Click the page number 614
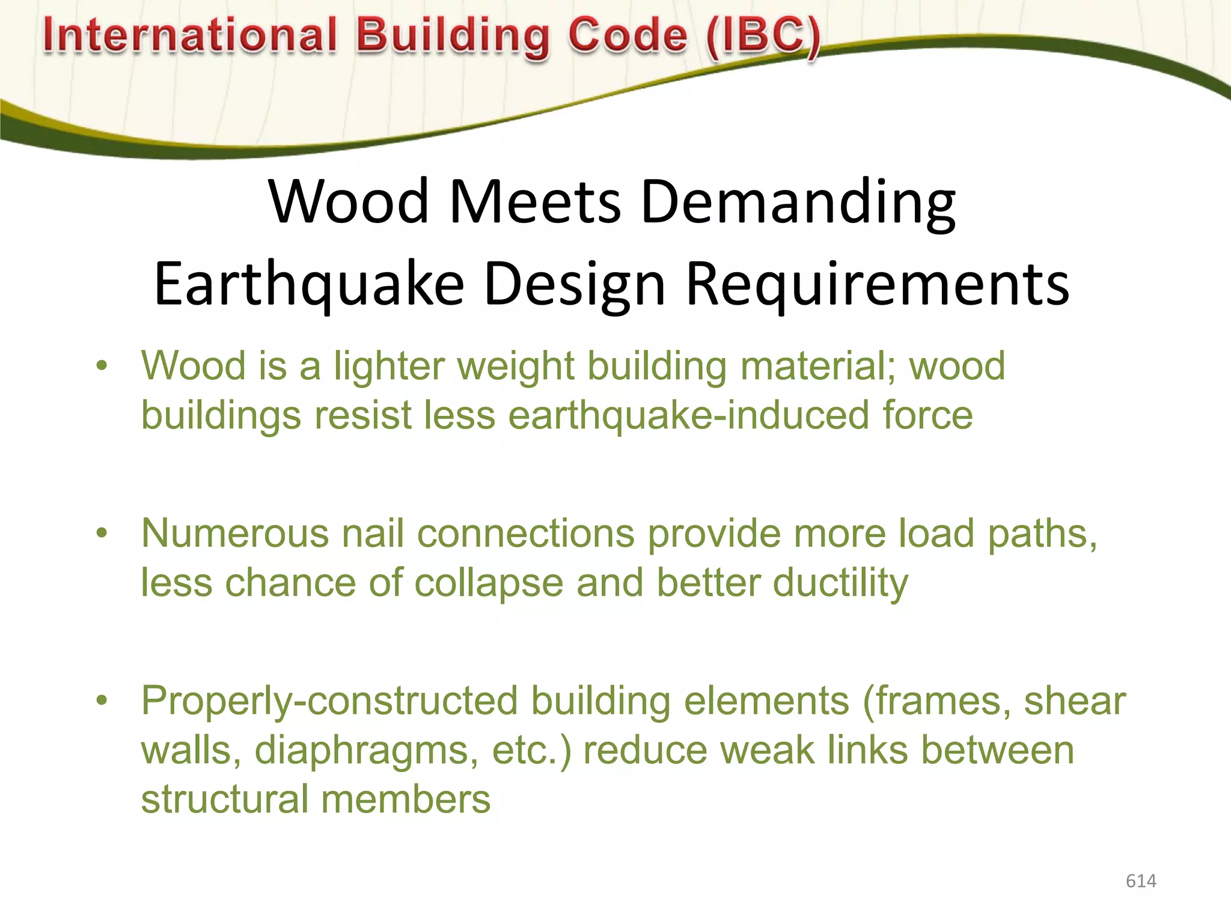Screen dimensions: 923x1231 1140,881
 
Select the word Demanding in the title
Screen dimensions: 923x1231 798,202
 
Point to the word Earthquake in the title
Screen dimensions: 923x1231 309,284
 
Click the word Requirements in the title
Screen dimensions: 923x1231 877,284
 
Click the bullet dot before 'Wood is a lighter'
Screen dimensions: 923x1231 102,365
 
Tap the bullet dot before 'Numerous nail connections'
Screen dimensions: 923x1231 102,532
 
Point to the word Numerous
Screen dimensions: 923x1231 235,534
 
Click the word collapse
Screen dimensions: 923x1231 489,583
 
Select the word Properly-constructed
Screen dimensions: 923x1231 329,702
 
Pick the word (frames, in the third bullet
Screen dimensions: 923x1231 937,702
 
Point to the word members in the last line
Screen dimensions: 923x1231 406,800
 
